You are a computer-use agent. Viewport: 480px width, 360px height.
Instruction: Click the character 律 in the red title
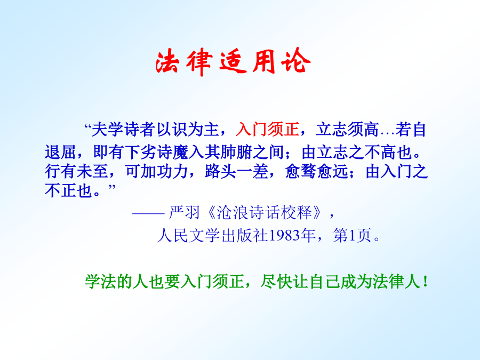coord(200,62)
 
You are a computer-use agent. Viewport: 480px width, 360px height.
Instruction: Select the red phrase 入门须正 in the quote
coord(267,129)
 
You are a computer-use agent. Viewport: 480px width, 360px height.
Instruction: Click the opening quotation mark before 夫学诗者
coord(88,126)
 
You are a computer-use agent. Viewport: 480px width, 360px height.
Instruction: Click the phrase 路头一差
coord(236,171)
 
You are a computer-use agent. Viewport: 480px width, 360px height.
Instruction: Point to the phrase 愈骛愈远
coord(316,171)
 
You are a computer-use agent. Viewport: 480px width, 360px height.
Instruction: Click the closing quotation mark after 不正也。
coord(112,187)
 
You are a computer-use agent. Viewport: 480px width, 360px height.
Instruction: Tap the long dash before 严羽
coord(148,213)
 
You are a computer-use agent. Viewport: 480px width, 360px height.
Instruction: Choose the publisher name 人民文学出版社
coord(212,235)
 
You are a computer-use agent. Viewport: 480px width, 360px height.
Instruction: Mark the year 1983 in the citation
coord(284,235)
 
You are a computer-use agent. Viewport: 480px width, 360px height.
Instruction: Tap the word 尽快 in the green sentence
coord(276,281)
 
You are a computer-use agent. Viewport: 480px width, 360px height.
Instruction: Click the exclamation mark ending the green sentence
coord(425,281)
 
